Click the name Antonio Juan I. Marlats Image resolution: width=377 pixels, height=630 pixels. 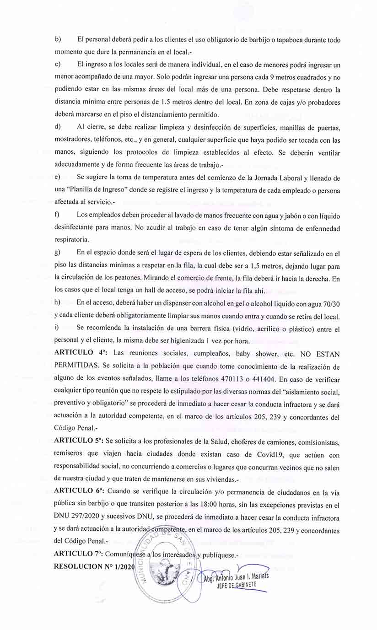tap(240, 576)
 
